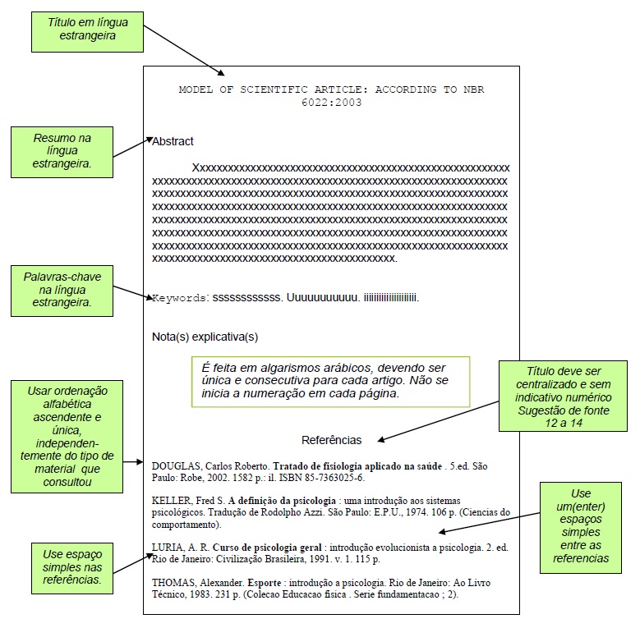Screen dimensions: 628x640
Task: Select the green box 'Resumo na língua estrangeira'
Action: [62, 151]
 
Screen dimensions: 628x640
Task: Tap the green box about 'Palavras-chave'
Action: [62, 290]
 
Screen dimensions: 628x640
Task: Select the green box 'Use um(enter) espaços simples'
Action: [581, 526]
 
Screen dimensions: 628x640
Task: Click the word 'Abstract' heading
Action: [173, 141]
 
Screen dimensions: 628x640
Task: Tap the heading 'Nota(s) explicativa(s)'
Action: [205, 337]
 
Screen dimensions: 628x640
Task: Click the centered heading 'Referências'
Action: [331, 440]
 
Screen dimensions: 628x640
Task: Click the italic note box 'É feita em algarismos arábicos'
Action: [330, 380]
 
